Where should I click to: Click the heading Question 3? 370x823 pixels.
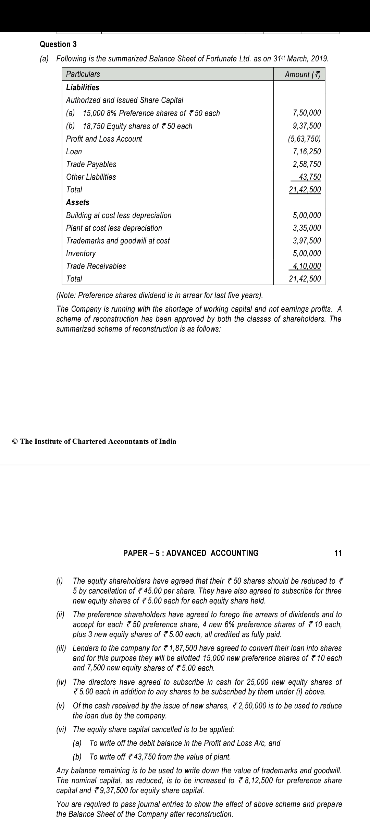(58, 44)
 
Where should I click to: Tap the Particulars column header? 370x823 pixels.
(83, 74)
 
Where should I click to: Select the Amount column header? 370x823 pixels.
(303, 74)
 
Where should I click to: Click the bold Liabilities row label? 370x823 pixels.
(83, 87)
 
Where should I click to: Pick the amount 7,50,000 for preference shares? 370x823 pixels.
(307, 113)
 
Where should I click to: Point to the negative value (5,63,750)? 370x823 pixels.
(304, 139)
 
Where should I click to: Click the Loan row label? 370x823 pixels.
(74, 152)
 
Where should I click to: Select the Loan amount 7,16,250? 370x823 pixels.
(307, 152)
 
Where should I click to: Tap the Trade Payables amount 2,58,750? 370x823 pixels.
(307, 164)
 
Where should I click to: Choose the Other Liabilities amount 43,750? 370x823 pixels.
(310, 177)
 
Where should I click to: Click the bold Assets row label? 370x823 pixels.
(77, 202)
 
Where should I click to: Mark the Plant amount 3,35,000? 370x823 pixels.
(307, 228)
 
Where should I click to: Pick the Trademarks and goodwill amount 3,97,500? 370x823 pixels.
(307, 241)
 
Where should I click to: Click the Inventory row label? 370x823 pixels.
(81, 253)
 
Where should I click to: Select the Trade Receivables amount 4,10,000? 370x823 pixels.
(307, 266)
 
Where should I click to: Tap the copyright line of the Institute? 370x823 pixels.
(94, 441)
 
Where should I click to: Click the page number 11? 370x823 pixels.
(338, 553)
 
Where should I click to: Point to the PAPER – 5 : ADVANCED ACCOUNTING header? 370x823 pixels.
(191, 553)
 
